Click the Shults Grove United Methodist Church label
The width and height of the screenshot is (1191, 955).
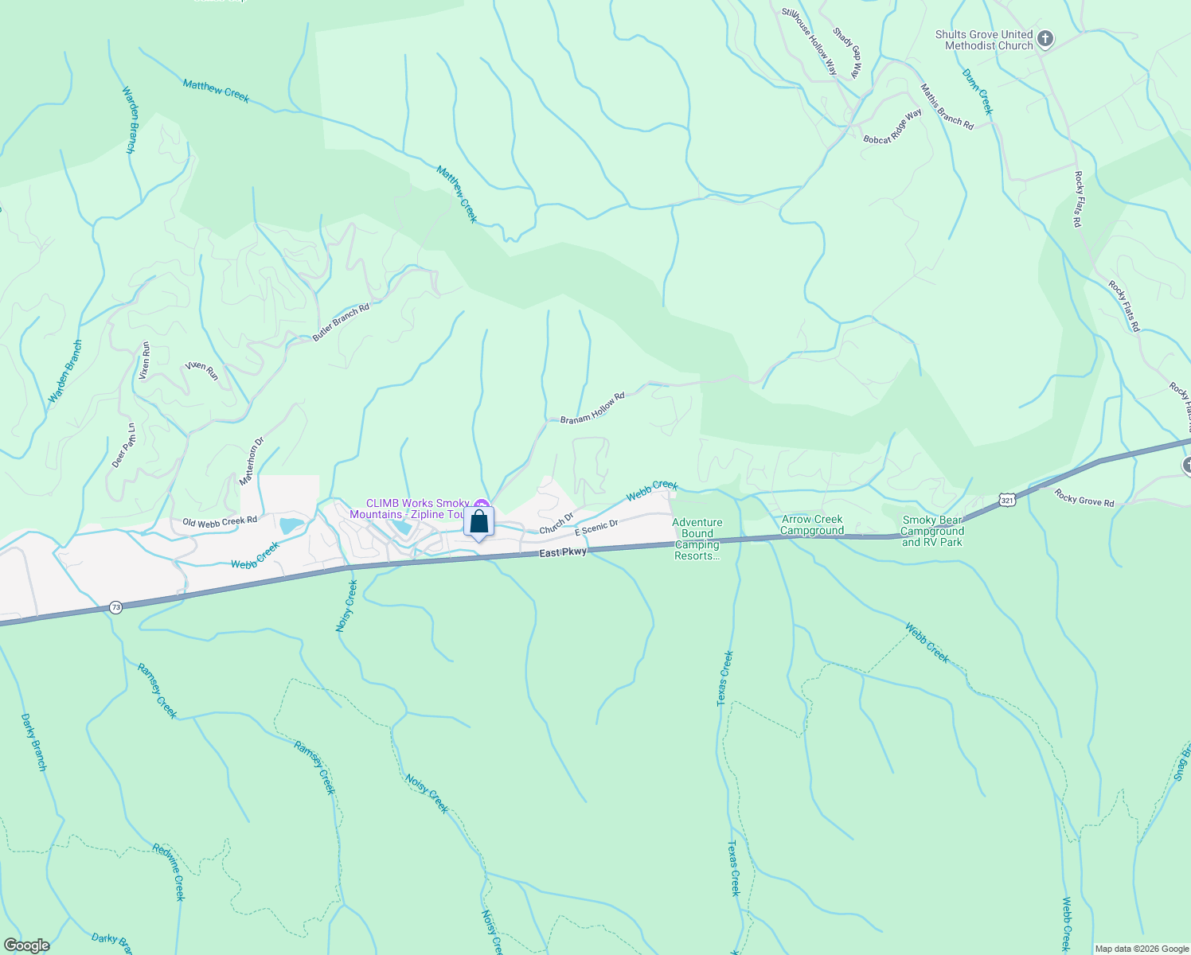[983, 40]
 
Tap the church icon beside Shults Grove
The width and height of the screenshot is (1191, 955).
[1045, 39]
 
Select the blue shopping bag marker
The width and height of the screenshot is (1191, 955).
[478, 522]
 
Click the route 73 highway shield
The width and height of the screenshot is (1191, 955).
[116, 607]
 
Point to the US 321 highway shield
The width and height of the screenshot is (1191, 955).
[1007, 500]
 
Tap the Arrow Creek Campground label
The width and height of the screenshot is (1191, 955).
[812, 525]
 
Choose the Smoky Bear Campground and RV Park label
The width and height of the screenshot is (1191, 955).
[931, 531]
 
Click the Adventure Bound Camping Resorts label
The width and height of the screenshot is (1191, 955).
[697, 539]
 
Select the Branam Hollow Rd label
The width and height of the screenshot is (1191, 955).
[592, 407]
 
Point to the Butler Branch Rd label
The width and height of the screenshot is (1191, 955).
[341, 323]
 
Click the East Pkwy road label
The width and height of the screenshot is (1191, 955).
[562, 552]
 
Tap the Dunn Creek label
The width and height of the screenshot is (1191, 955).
[978, 92]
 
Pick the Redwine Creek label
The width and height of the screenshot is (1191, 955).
[170, 871]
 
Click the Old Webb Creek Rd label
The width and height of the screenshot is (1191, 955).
[220, 521]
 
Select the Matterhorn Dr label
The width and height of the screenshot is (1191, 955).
[252, 462]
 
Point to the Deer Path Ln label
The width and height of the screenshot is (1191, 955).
[123, 446]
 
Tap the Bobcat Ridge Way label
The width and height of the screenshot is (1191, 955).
[892, 127]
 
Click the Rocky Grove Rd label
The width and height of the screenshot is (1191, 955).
[1084, 497]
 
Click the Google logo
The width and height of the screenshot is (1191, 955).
[27, 945]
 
